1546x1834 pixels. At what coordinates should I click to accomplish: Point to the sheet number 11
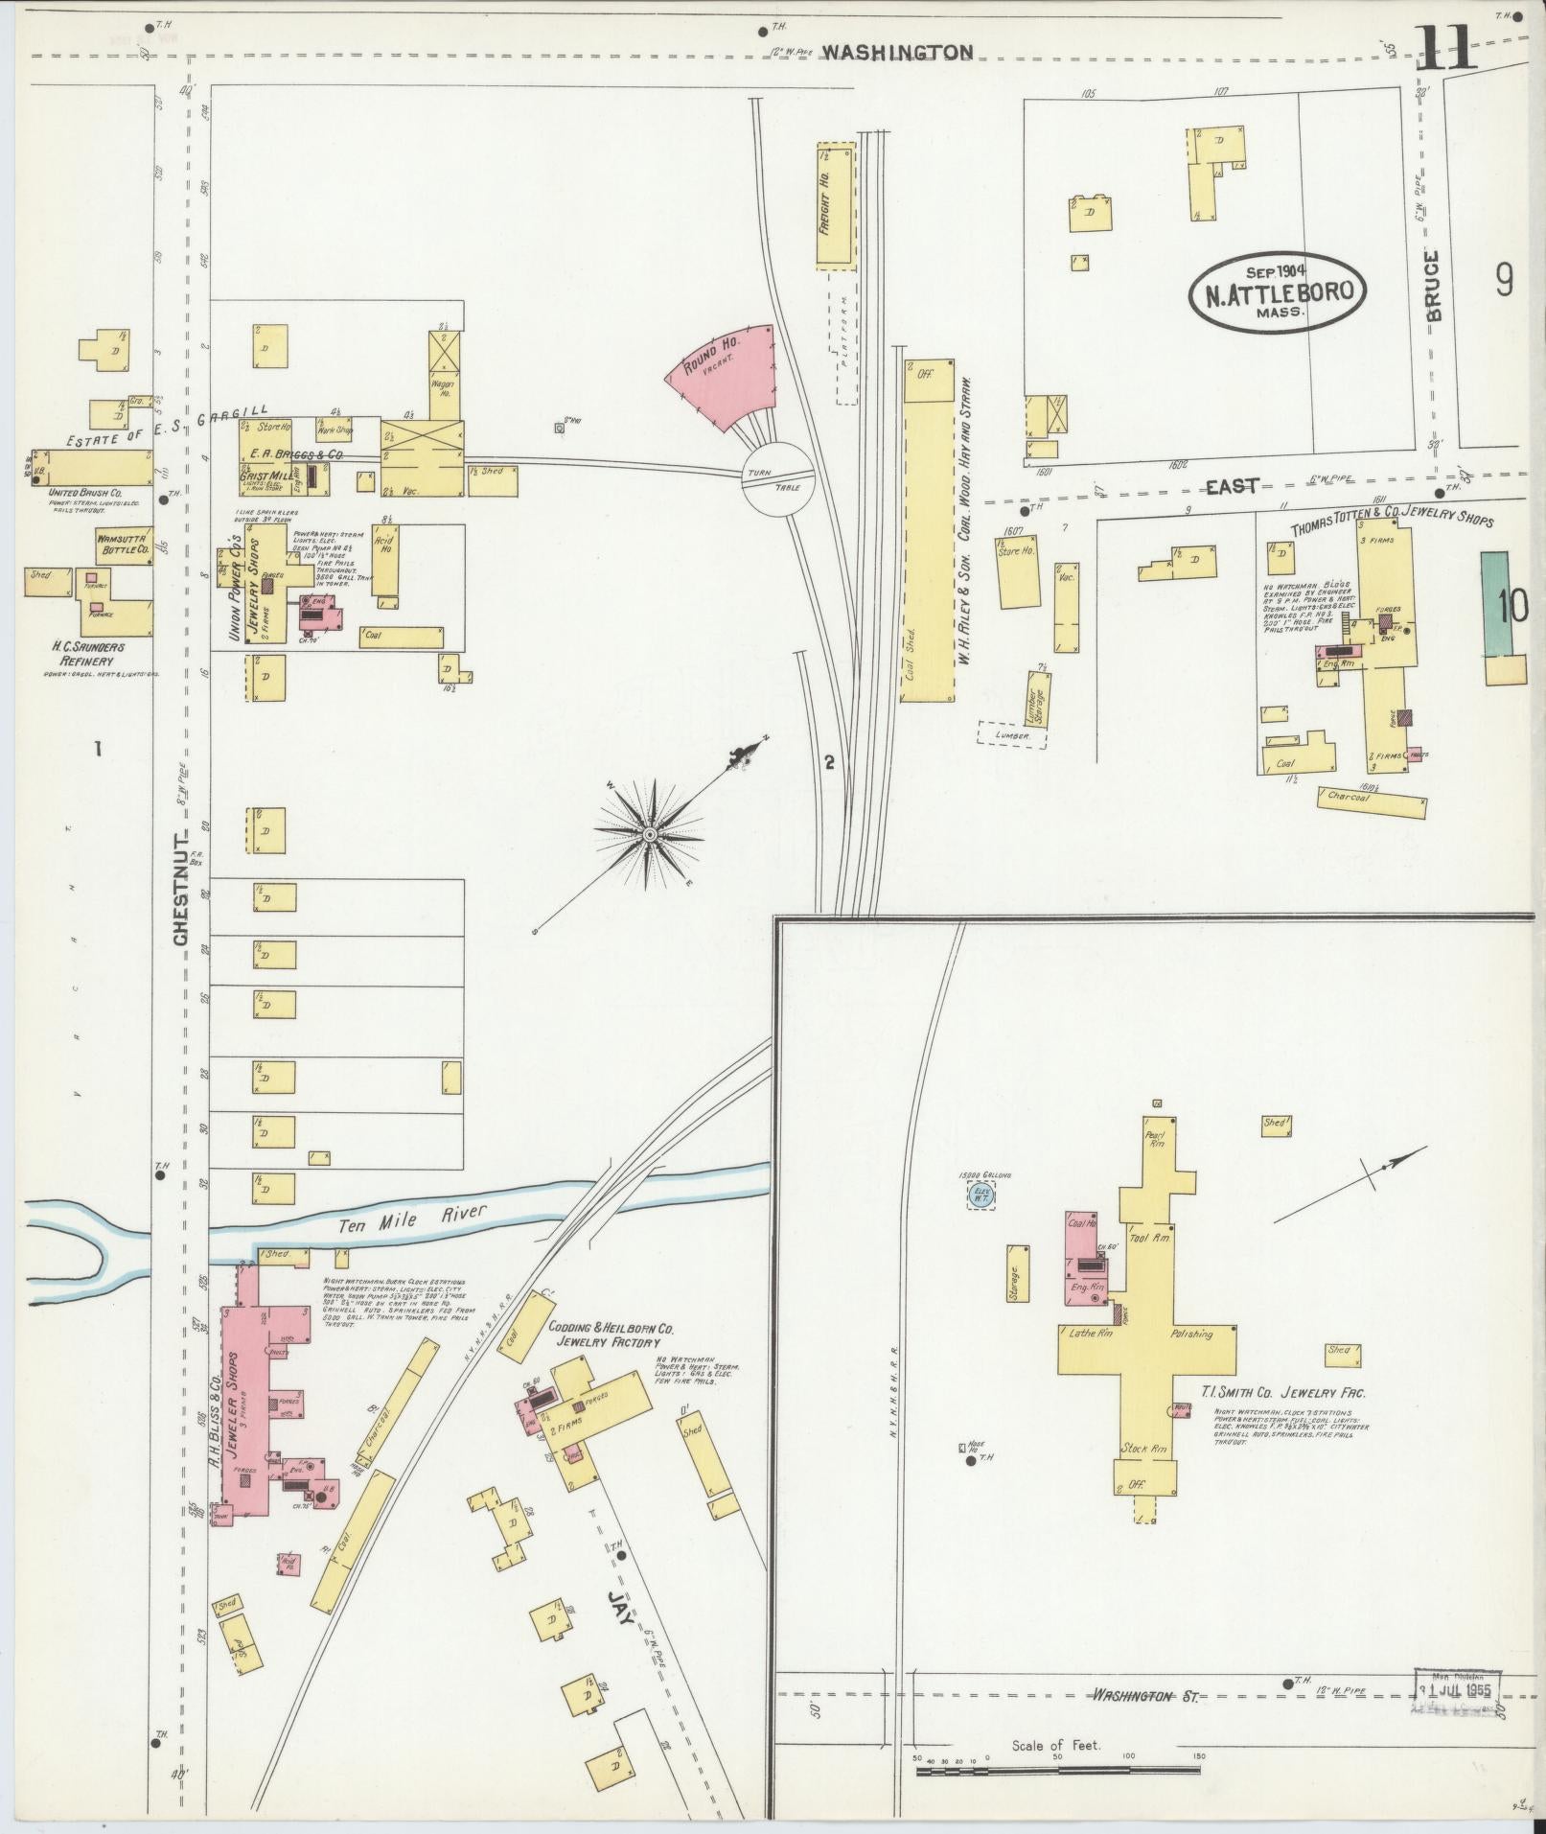pyautogui.click(x=1444, y=48)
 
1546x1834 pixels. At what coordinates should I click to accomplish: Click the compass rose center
pyautogui.click(x=649, y=835)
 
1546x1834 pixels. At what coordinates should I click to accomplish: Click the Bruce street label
pyautogui.click(x=1432, y=286)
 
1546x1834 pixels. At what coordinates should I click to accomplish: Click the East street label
pyautogui.click(x=1231, y=487)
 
